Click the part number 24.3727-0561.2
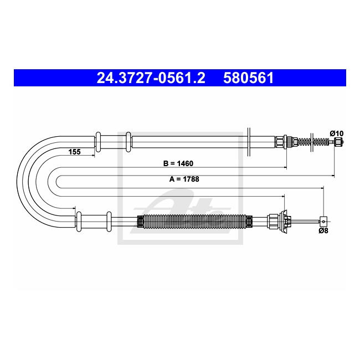click(x=151, y=78)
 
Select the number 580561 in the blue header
click(x=249, y=78)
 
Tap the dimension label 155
click(x=74, y=151)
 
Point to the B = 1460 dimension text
click(x=178, y=164)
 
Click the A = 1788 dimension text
click(x=184, y=179)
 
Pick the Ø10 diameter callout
click(x=336, y=133)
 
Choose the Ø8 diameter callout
click(x=323, y=230)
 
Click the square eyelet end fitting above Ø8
click(x=323, y=220)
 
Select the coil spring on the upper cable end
click(x=320, y=142)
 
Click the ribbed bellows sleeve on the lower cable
click(x=193, y=222)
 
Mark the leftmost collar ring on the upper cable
click(x=98, y=142)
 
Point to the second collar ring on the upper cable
click(x=128, y=142)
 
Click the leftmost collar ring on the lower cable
click(x=79, y=222)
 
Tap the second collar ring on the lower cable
click(x=109, y=222)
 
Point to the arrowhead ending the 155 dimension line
click(x=92, y=156)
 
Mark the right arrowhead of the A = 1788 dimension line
click(x=332, y=176)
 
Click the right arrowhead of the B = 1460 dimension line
click(x=285, y=167)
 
